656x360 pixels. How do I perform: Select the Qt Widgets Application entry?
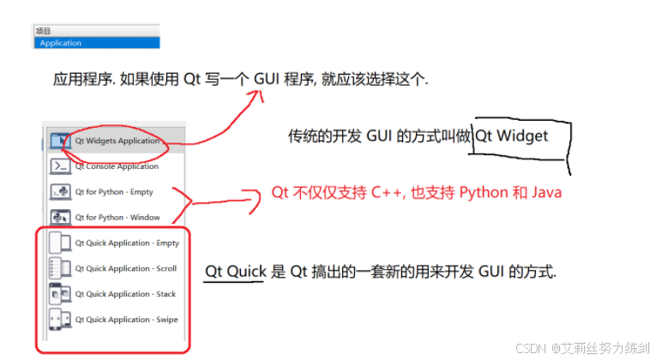pos(117,141)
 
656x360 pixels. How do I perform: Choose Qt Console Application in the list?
pos(117,166)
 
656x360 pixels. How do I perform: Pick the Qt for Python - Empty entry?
pos(114,192)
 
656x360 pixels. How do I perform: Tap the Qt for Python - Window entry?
pos(117,218)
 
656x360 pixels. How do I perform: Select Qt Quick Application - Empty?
pos(127,243)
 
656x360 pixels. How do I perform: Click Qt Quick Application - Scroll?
pos(126,269)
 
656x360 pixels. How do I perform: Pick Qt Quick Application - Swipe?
pos(126,320)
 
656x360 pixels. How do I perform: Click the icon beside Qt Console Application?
pos(60,166)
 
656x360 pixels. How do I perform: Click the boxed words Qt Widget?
pos(512,136)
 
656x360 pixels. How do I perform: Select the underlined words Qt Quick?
pos(234,272)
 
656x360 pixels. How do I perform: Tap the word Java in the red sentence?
pos(545,192)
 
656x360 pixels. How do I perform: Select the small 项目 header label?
pos(43,32)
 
